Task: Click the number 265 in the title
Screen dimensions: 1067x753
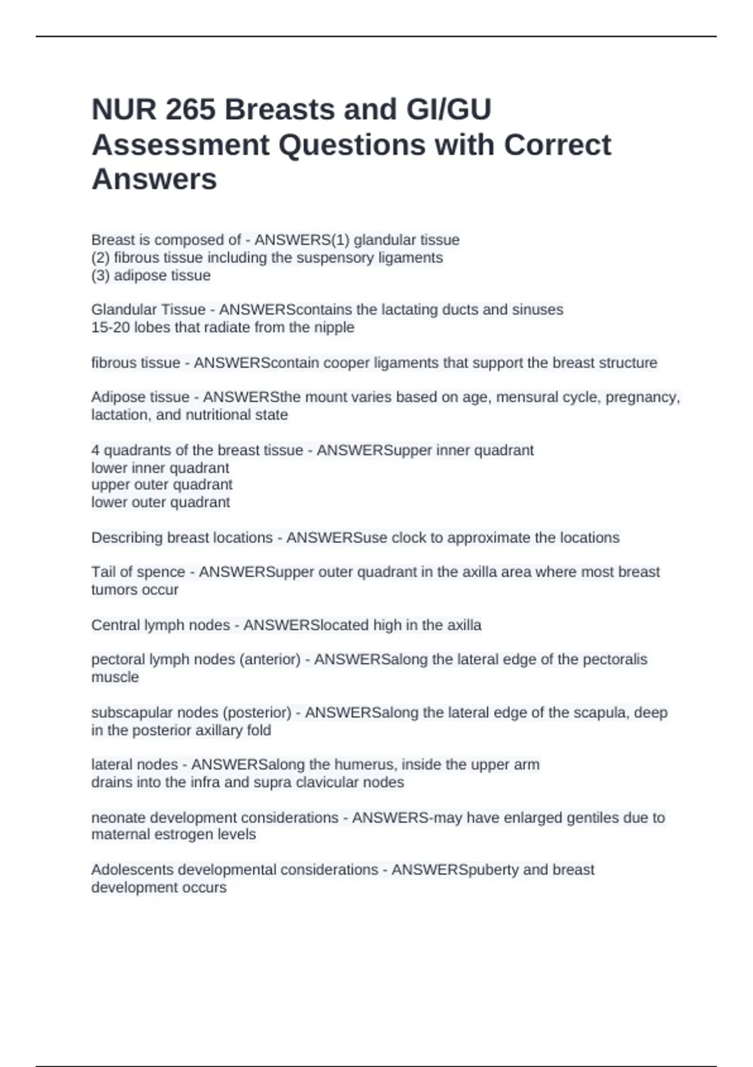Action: [x=190, y=110]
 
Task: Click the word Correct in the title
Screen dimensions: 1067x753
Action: [x=557, y=145]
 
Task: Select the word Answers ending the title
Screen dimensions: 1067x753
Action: [x=154, y=180]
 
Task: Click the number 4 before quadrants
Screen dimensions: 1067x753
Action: [x=95, y=450]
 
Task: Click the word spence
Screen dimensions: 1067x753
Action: [x=163, y=572]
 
